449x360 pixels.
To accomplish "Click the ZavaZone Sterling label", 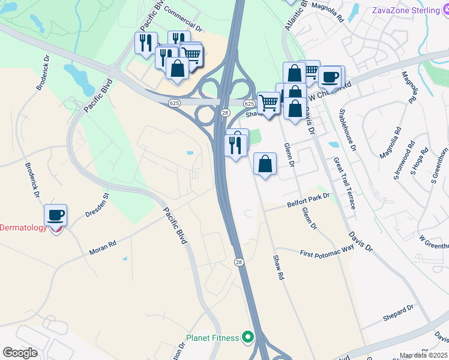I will pyautogui.click(x=405, y=10).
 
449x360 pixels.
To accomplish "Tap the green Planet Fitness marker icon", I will pyautogui.click(x=247, y=338).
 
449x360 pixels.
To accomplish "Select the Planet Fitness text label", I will pyautogui.click(x=212, y=338).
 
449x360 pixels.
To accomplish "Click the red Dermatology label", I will pyautogui.click(x=23, y=227).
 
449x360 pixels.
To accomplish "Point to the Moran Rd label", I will pyautogui.click(x=103, y=248).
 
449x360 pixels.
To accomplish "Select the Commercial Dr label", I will pyautogui.click(x=184, y=20).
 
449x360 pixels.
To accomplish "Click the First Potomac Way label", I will pyautogui.click(x=327, y=251).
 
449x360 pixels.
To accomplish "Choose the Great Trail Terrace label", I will pyautogui.click(x=345, y=183).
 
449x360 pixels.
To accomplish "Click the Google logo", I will pyautogui.click(x=20, y=352).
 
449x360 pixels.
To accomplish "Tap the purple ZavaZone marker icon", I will pyautogui.click(x=439, y=10).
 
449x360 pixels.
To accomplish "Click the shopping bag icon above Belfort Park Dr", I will pyautogui.click(x=265, y=163).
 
